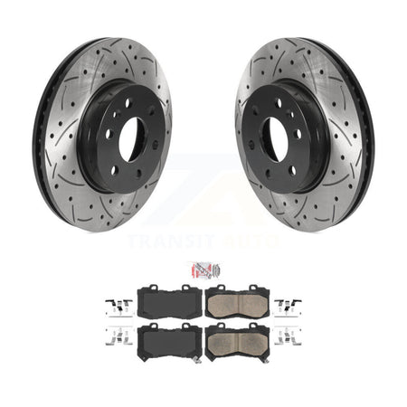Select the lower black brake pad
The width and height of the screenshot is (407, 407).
pos(169,342)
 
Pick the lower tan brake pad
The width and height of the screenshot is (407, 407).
pos(236,342)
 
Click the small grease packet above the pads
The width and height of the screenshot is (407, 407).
pos(202,270)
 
